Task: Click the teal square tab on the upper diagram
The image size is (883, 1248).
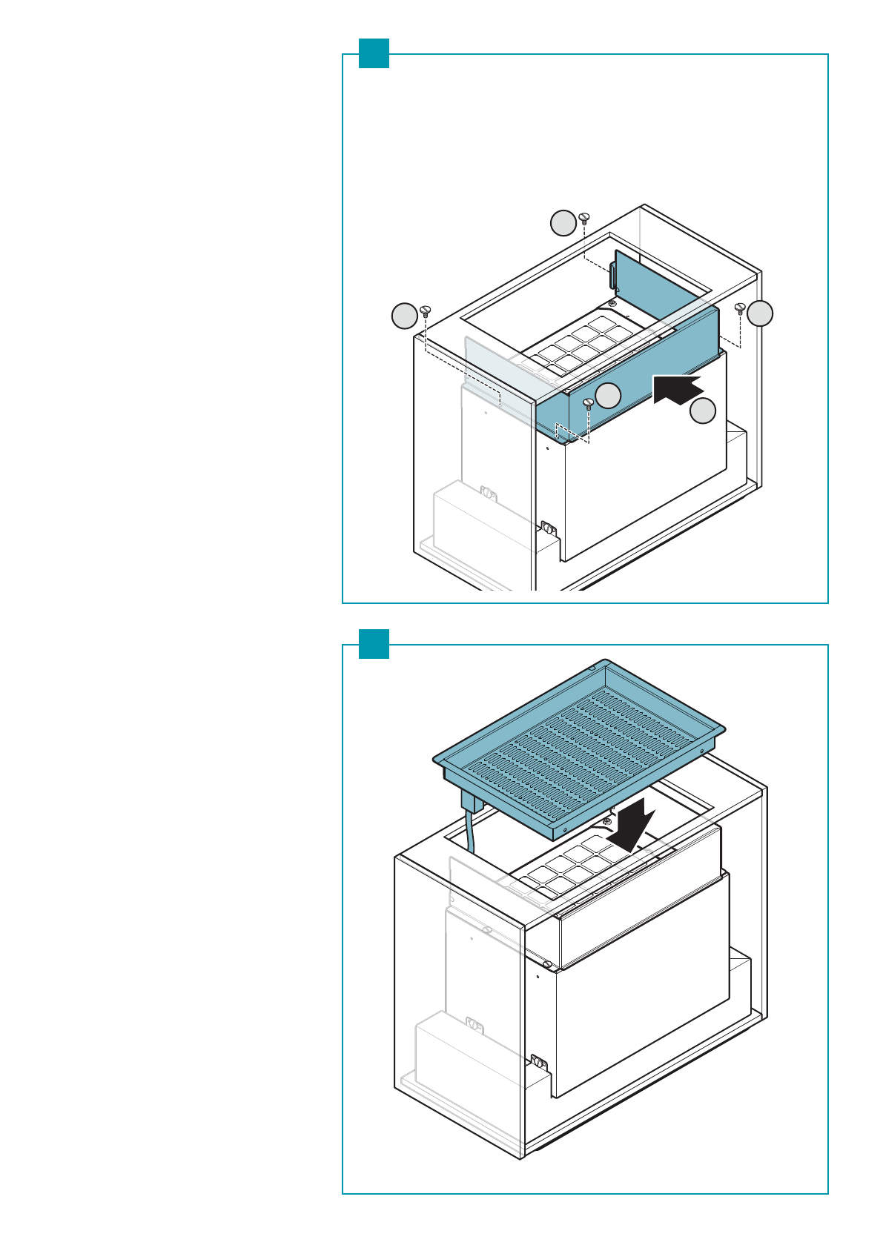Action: point(374,53)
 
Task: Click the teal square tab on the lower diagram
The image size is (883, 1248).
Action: point(374,644)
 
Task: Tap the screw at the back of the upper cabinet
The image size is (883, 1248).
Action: point(584,218)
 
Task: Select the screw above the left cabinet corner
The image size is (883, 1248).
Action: point(426,311)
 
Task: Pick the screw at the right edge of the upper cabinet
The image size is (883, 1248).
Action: point(739,308)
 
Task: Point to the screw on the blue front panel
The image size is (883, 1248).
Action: point(589,405)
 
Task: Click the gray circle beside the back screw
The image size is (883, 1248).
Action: point(563,223)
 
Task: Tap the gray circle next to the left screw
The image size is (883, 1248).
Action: point(404,316)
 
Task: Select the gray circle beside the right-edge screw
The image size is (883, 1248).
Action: point(760,313)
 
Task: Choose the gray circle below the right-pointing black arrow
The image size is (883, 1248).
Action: point(704,411)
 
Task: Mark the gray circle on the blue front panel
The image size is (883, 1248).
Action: point(609,395)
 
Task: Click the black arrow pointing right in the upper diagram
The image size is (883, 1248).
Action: point(677,389)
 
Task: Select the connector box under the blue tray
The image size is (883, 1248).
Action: point(472,800)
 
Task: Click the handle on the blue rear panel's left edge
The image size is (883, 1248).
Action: point(613,275)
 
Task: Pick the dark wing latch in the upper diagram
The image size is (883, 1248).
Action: point(548,529)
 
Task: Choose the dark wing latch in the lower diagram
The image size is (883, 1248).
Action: point(539,1063)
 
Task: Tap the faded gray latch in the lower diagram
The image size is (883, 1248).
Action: point(474,1026)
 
